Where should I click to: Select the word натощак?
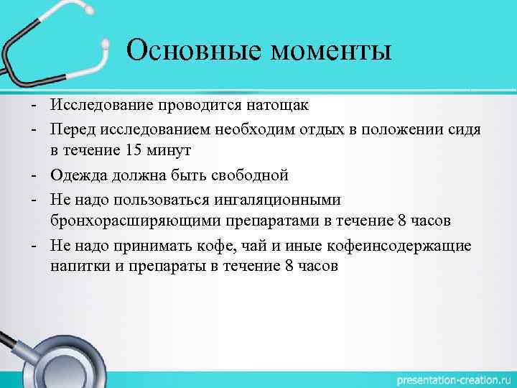(274, 106)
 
